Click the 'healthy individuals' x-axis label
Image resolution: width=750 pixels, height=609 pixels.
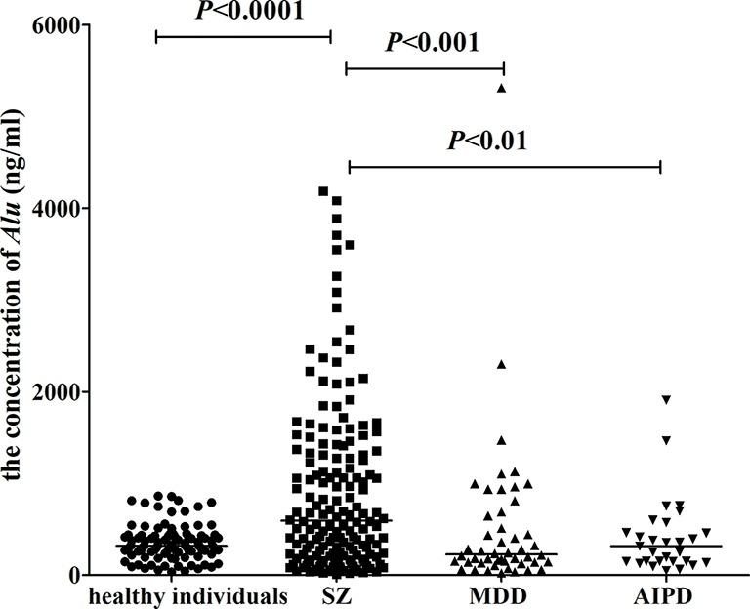pyautogui.click(x=186, y=594)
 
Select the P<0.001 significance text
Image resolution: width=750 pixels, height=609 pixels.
pyautogui.click(x=432, y=43)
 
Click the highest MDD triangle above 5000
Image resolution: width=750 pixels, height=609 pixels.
pyautogui.click(x=502, y=88)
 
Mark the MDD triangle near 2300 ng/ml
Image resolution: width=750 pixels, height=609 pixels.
pyautogui.click(x=502, y=364)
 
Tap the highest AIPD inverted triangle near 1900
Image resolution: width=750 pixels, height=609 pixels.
pyautogui.click(x=666, y=400)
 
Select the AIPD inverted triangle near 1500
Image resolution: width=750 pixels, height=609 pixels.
pyautogui.click(x=666, y=441)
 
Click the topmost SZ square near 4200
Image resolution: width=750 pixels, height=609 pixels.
pyautogui.click(x=323, y=191)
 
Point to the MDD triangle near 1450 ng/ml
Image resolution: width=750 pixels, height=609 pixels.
pyautogui.click(x=502, y=440)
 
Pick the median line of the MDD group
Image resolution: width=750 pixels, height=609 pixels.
pyautogui.click(x=502, y=554)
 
